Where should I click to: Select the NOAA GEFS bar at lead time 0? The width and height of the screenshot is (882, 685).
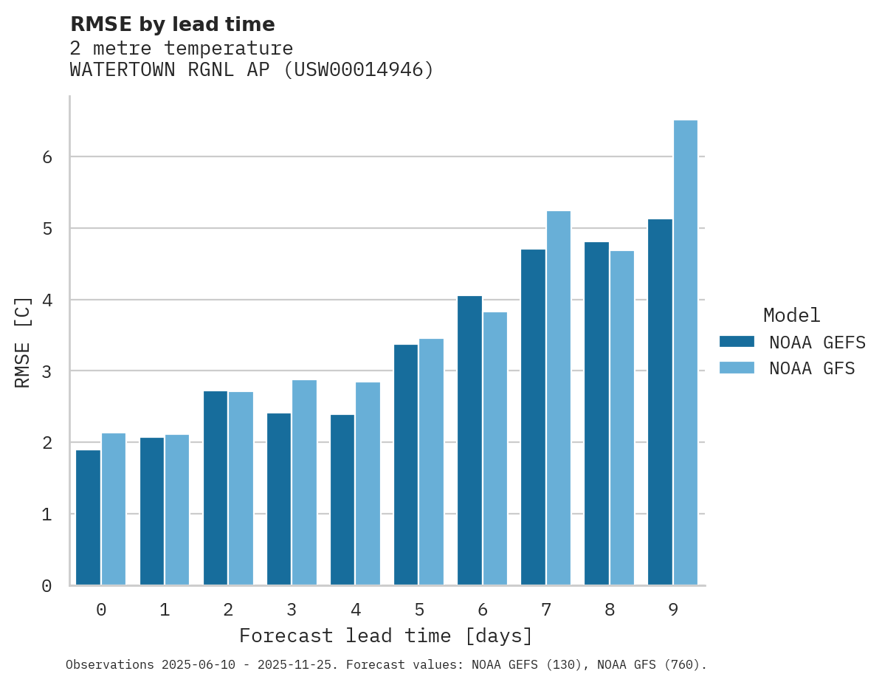89,517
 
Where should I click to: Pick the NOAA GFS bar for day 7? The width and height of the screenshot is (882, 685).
559,398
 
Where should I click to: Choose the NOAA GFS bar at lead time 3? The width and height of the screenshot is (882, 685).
304,483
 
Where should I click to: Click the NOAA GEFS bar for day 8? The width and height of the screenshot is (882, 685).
596,413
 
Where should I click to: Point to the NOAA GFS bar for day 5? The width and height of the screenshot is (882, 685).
431,462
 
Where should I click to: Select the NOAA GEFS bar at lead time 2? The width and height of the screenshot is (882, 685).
216,488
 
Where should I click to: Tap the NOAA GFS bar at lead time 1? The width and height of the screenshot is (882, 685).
177,510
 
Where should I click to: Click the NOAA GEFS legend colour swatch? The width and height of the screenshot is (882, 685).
737,341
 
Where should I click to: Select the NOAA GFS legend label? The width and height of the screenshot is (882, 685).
812,368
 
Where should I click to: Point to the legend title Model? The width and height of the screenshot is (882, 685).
791,316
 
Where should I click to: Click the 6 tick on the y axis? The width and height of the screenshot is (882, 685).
46,157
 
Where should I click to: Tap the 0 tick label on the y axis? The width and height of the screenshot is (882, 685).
46,586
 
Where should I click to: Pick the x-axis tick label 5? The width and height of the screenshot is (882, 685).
419,610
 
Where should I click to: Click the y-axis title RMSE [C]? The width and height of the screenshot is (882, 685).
24,342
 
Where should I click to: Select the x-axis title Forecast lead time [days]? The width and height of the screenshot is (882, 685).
385,636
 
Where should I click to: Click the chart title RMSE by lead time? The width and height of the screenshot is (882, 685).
172,24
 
